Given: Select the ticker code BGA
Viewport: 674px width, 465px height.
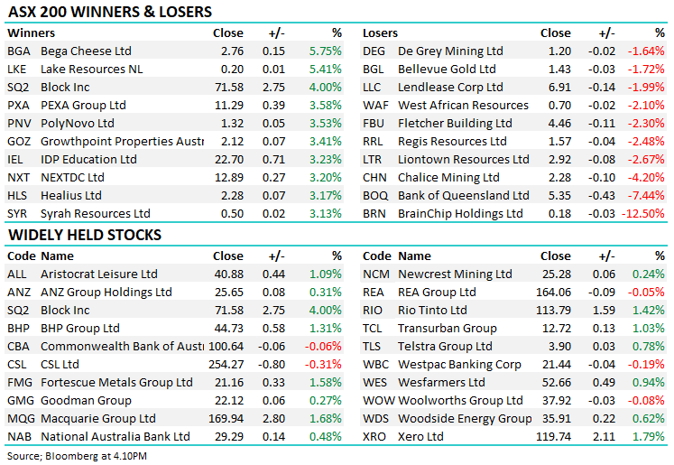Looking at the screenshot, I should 18,51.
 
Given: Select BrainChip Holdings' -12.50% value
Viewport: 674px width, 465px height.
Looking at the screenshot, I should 643,214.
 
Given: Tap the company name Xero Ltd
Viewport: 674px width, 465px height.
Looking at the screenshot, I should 420,437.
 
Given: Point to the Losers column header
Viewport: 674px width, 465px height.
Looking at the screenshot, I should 380,33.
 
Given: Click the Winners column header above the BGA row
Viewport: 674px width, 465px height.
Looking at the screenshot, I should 31,33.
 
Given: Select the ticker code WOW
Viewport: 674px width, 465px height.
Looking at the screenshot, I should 378,401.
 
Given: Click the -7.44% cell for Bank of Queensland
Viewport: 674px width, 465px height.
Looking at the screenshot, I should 647,196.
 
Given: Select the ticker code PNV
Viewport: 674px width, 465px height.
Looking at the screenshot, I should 19,124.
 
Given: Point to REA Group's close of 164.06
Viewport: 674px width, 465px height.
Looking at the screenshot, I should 552,293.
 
